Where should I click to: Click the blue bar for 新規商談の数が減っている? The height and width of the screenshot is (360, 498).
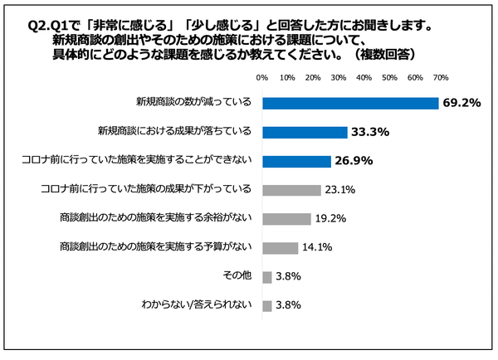[350, 104]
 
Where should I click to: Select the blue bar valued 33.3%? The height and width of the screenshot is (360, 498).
[305, 132]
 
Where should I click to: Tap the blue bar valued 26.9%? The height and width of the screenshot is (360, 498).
[296, 161]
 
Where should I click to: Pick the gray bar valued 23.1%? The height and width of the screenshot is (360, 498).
[291, 190]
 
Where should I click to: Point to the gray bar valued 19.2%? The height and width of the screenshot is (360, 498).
[286, 219]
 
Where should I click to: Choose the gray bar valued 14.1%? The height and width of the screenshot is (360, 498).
[280, 247]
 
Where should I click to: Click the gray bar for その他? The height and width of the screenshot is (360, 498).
[266, 276]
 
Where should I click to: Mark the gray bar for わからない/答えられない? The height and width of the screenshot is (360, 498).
[266, 305]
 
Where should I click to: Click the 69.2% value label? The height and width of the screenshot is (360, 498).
[462, 104]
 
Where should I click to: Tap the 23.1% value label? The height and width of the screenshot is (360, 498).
[339, 190]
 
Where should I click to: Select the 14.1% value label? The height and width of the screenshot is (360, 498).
[318, 247]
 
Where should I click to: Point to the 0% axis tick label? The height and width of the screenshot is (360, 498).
[262, 77]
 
